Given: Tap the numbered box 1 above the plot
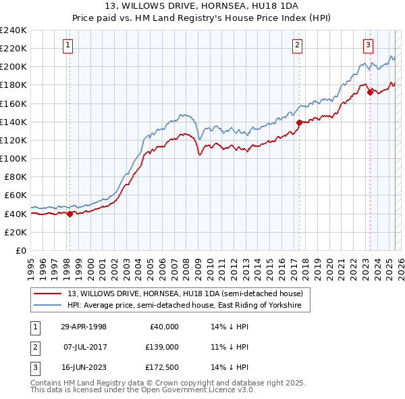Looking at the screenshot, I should point(69,45).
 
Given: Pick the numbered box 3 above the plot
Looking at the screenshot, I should point(369,45).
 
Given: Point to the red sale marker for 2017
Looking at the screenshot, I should point(299,123).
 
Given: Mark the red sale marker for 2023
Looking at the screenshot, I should point(370,93).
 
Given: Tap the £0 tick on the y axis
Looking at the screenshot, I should point(20,250).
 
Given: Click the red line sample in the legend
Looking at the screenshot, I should point(48,294).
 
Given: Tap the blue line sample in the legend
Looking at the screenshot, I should point(48,305).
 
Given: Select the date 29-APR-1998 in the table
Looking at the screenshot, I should point(84,327).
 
